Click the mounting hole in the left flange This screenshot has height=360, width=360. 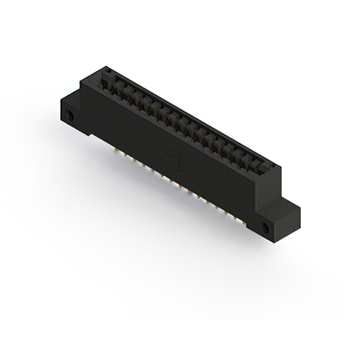[x=72, y=116]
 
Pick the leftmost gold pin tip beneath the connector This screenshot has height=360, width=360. [x=116, y=151]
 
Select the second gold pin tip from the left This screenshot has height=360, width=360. [x=125, y=156]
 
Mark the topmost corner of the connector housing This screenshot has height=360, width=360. [x=105, y=66]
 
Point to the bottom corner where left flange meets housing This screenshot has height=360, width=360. [x=90, y=136]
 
